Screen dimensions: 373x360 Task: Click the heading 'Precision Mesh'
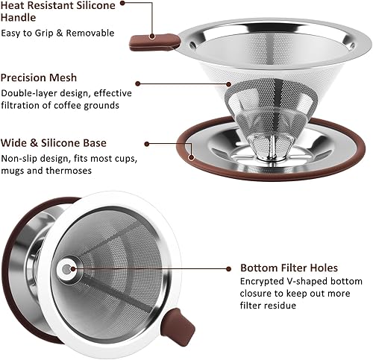39,78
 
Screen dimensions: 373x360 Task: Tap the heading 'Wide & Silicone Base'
54,143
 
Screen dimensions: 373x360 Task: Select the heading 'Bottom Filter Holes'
289,268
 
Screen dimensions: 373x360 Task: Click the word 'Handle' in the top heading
18,18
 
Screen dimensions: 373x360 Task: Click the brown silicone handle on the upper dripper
154,42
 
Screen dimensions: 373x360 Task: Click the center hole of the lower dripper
66,269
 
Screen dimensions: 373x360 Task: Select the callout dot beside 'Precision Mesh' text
138,83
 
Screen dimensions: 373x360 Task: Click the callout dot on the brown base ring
191,157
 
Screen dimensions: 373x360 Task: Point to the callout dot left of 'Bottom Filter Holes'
228,268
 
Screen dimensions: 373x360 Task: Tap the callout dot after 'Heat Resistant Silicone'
122,3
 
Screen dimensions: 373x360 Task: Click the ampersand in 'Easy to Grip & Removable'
60,33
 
